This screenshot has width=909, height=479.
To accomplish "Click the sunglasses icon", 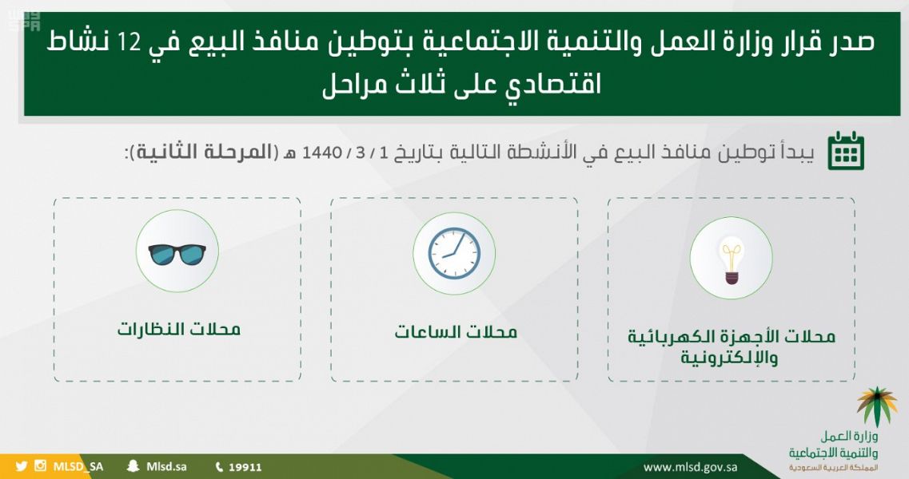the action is tap(177, 254).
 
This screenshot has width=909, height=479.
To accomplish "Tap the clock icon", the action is tap(454, 253).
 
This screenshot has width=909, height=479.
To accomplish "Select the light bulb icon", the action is tap(732, 259).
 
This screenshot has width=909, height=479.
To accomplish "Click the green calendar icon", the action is tap(846, 151).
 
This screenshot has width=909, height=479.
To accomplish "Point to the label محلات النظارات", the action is tap(178, 329).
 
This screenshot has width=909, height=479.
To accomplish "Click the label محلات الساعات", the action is tap(456, 332).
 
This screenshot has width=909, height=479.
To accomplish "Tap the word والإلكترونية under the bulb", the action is tap(729, 357).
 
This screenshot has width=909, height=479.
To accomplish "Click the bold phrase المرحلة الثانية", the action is tap(204, 152).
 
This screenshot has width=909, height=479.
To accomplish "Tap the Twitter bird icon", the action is tap(22, 466).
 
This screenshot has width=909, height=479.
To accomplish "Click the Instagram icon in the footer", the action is tap(40, 465).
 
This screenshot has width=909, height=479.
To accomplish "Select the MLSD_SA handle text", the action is tap(78, 467).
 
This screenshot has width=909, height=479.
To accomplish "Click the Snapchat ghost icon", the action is tap(134, 466).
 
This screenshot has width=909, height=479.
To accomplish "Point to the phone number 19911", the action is tap(245, 467).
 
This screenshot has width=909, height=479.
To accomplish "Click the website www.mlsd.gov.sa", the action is tap(691, 467).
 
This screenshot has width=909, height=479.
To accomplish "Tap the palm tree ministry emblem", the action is tap(876, 406).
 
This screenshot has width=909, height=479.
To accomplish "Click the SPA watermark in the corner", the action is tap(24, 22).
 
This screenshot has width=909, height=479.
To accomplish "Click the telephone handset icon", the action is tap(219, 467).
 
